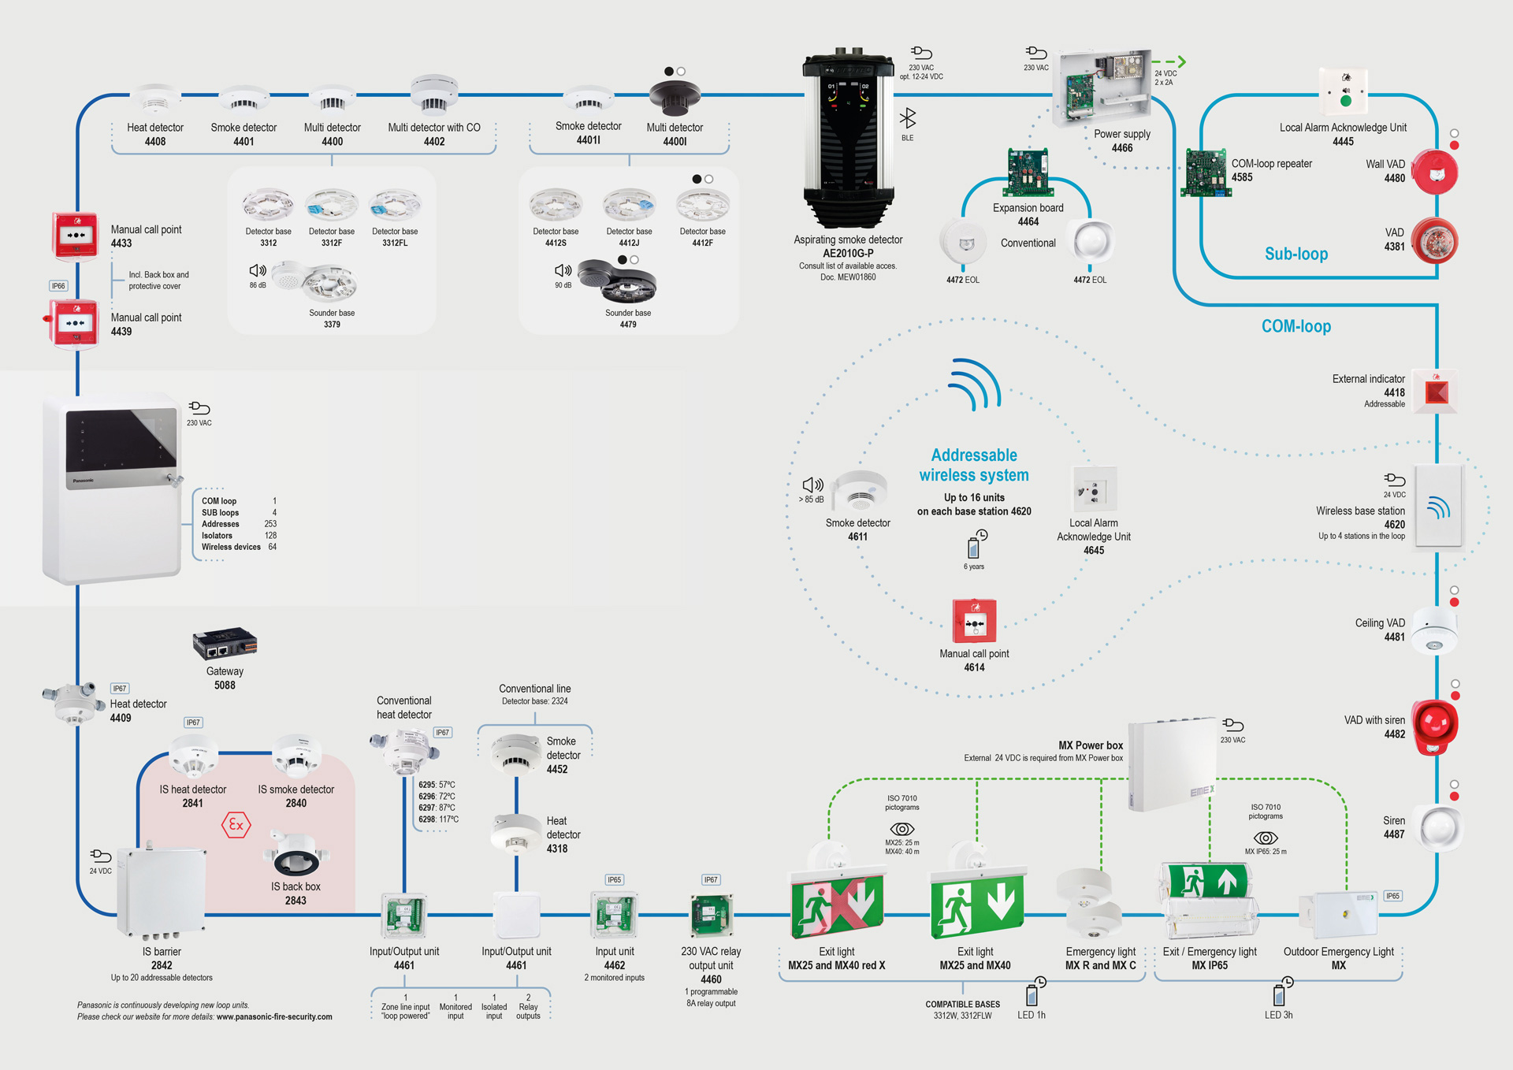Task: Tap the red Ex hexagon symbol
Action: coord(236,825)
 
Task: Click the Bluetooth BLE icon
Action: coord(908,118)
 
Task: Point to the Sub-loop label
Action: coord(1296,254)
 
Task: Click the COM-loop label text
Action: coord(1296,326)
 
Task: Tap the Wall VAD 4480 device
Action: coord(1434,172)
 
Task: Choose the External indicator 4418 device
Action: coord(1436,392)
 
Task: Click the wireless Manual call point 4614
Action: coord(975,621)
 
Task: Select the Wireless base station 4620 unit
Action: coord(1439,507)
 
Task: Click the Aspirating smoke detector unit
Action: coord(849,138)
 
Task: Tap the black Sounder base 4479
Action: coord(617,282)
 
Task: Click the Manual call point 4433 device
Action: coord(75,235)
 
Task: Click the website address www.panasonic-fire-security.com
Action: coord(274,1016)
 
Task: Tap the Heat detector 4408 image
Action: coord(155,100)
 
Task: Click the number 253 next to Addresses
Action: coord(270,524)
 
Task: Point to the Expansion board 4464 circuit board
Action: coord(1028,172)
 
